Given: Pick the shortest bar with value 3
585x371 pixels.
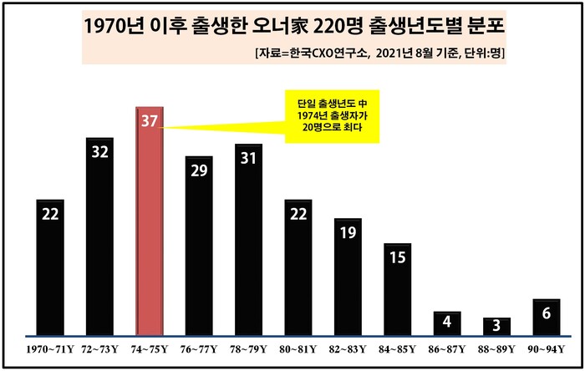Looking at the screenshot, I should tap(496, 325).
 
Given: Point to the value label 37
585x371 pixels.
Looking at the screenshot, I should tap(150, 122).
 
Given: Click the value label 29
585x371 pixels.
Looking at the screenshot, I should tap(199, 170).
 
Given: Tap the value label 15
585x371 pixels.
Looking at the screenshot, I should tap(397, 257).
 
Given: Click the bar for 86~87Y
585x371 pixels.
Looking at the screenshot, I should tap(447, 323).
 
